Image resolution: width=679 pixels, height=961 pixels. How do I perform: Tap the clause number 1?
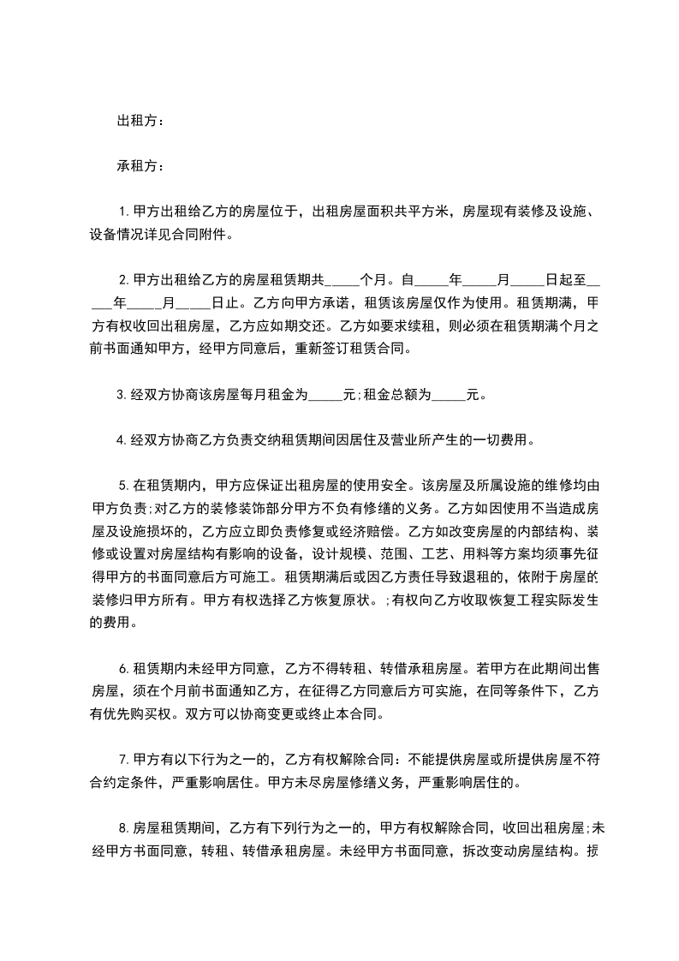(122, 211)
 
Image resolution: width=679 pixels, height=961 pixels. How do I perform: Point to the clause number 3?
(122, 396)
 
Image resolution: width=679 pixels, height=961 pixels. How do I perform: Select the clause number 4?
(122, 442)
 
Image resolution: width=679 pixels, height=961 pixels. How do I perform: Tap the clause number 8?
(122, 827)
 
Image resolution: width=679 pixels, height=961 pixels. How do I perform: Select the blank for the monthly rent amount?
(324, 397)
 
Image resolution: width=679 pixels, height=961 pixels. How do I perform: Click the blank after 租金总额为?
(449, 397)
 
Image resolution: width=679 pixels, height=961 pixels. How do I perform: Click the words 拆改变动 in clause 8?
(502, 851)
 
